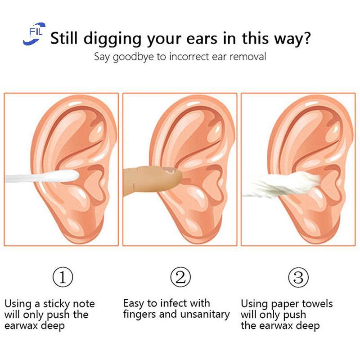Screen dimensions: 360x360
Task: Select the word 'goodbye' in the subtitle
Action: click(x=135, y=57)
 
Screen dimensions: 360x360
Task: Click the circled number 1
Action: click(x=63, y=277)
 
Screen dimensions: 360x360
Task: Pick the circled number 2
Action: click(x=180, y=277)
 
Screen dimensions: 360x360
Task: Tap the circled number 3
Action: click(x=298, y=277)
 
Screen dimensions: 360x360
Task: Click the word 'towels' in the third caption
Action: click(x=317, y=304)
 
